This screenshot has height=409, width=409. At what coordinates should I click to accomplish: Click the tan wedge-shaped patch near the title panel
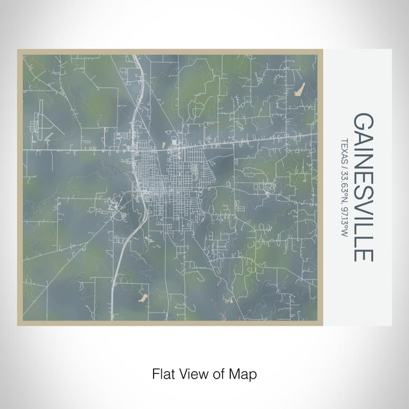tap(300, 89)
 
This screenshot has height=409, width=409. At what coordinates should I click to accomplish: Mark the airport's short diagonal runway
tap(48, 136)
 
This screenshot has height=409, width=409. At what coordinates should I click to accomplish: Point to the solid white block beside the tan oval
tap(175, 141)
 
